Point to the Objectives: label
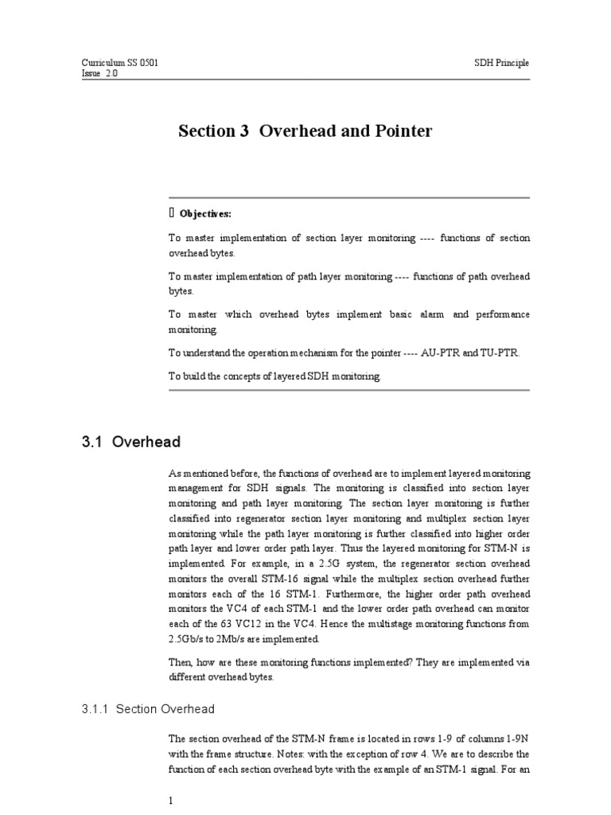coord(206,213)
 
